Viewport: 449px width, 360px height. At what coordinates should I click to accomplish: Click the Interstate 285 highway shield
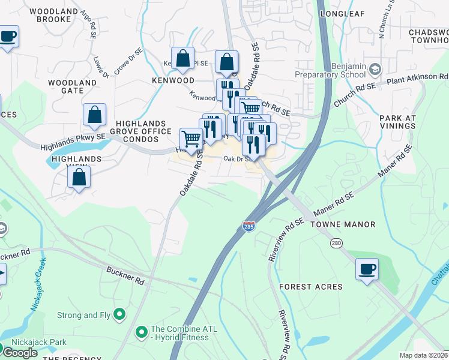249,226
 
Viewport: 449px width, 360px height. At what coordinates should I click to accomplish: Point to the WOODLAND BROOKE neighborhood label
53,16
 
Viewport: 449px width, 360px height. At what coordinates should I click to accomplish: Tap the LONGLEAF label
343,13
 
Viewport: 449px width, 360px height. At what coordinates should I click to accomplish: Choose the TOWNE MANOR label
343,224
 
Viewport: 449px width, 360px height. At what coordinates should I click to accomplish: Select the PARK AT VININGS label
397,122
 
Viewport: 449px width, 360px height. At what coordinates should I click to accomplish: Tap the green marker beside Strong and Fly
119,313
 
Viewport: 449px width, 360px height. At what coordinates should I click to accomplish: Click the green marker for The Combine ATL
142,330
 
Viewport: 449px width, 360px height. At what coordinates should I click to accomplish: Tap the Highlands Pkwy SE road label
73,142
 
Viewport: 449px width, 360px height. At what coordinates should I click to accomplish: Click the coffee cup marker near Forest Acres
367,269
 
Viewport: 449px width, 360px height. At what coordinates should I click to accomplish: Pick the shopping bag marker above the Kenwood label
183,59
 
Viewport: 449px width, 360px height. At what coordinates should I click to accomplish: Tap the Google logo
19,352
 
